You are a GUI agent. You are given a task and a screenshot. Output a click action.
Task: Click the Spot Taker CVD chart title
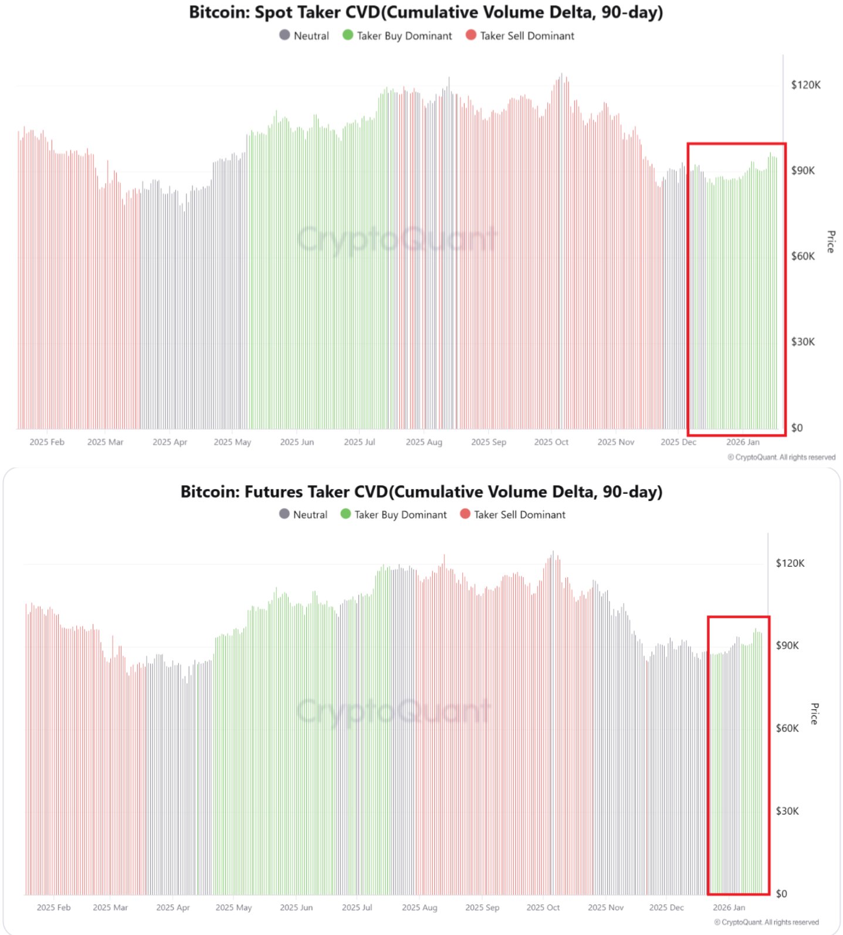(426, 12)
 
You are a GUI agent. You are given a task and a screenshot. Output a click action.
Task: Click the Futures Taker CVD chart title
(421, 492)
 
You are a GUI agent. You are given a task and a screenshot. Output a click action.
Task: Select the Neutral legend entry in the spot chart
(304, 36)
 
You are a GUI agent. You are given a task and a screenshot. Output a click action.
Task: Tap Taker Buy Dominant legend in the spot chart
(398, 36)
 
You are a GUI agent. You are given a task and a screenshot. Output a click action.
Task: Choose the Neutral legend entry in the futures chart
(303, 514)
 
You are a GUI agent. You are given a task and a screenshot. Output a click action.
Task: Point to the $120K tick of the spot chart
(805, 85)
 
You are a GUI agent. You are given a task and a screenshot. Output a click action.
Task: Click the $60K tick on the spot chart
(803, 256)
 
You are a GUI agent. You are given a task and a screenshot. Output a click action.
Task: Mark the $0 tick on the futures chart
(781, 893)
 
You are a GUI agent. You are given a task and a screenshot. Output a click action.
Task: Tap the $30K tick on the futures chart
(787, 811)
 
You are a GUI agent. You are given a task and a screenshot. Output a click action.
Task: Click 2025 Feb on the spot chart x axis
(47, 442)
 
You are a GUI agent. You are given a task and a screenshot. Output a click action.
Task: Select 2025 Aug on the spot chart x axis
(424, 442)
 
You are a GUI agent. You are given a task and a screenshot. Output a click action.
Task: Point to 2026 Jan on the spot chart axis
(743, 442)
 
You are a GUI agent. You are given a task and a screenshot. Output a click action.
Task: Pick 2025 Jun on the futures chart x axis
(296, 907)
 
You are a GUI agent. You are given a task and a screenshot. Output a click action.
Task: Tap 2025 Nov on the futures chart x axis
(605, 907)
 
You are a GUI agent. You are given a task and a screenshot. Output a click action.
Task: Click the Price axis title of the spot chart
(831, 242)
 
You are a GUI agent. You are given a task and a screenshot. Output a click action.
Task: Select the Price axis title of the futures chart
(814, 714)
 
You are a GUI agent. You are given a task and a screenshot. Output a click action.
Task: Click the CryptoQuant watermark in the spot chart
(397, 239)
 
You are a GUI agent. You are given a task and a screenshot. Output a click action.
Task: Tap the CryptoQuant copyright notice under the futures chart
(766, 922)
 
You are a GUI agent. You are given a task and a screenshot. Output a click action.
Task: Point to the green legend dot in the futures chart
(346, 514)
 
